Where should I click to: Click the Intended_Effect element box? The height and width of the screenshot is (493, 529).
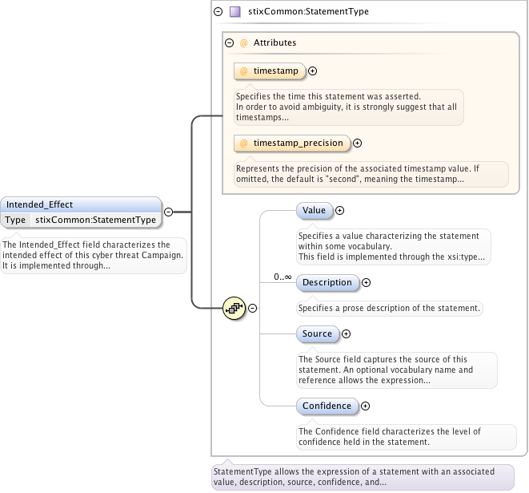80,204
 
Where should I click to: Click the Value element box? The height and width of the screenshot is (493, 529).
314,210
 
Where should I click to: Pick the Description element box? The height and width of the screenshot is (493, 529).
327,282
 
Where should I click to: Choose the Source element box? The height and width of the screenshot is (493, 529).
317,333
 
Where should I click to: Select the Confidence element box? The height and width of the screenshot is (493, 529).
327,406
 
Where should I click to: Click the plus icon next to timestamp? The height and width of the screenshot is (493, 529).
313,71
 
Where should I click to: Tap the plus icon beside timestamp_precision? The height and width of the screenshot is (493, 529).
358,143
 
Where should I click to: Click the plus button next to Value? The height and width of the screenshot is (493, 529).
339,210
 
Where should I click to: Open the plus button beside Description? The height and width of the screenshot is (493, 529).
367,282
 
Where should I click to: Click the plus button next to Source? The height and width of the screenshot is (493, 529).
347,333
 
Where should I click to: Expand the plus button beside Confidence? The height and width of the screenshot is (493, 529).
366,406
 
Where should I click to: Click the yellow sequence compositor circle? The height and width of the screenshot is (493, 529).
233,307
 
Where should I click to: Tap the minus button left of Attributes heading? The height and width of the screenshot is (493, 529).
229,42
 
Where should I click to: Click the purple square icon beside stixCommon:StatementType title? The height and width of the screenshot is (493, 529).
234,12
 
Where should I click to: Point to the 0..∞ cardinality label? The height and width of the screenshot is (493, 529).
283,277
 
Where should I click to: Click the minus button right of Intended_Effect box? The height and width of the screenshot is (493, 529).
169,212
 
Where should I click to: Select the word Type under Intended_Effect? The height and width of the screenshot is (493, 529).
15,220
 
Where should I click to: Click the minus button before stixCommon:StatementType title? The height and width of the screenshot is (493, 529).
218,12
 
